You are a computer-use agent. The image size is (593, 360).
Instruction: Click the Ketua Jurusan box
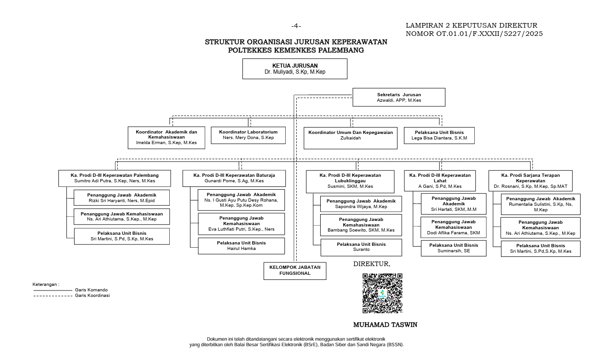(294, 69)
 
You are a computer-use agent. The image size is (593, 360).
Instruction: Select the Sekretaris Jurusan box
(399, 97)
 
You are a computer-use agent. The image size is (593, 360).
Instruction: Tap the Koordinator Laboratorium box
(248, 135)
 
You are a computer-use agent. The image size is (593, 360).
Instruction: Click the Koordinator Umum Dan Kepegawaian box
(350, 138)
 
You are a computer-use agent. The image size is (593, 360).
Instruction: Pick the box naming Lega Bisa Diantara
(439, 135)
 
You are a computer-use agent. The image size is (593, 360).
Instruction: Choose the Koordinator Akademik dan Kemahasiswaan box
(166, 138)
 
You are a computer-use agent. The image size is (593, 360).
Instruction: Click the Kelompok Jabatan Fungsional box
(295, 271)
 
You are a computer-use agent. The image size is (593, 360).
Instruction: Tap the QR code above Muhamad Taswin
(382, 293)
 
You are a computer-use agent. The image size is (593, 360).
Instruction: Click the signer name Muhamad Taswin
(385, 325)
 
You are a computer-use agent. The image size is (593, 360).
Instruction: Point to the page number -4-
(296, 26)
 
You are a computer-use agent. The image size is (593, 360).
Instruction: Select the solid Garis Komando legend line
(53, 290)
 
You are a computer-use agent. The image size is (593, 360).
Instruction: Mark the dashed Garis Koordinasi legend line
(53, 296)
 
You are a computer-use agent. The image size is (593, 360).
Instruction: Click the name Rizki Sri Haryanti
(107, 201)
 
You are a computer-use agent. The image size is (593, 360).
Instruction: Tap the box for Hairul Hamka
(242, 246)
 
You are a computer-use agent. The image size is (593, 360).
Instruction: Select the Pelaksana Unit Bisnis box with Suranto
(361, 247)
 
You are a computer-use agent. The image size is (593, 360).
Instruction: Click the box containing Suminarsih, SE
(454, 248)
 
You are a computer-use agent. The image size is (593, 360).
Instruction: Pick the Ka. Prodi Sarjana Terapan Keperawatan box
(530, 180)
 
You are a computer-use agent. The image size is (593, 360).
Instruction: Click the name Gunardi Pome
(220, 181)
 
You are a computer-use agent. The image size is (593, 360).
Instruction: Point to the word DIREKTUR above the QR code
(371, 264)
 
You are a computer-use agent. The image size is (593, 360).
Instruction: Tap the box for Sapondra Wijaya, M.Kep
(361, 204)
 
